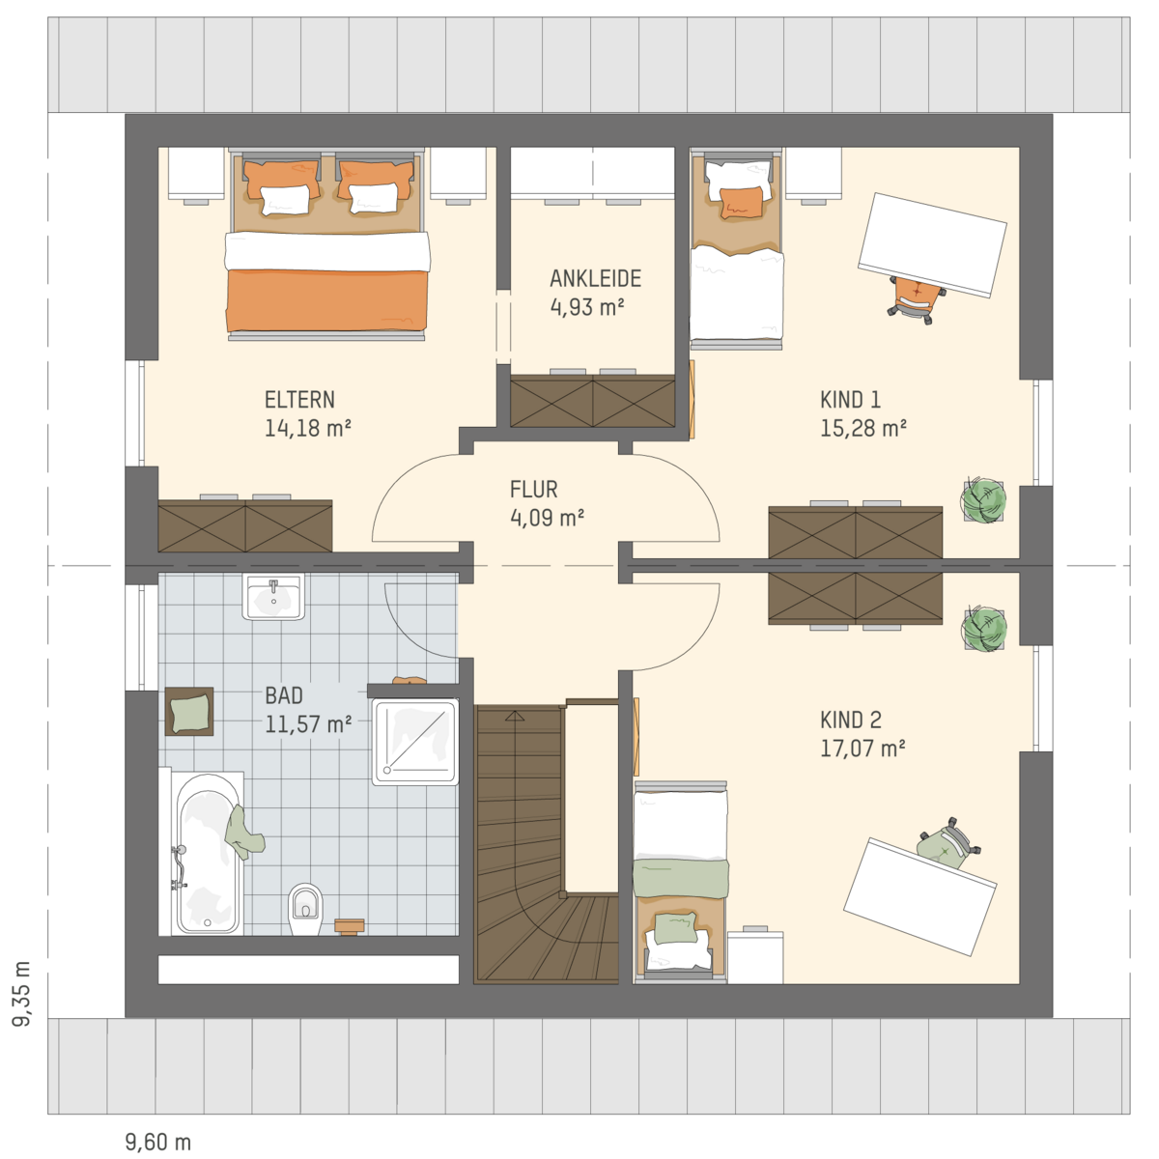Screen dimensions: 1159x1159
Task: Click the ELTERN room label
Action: point(299,400)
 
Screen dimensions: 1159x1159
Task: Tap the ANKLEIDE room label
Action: point(596,278)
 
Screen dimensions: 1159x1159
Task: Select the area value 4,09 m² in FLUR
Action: point(548,518)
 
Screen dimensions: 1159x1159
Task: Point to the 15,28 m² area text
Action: point(863,428)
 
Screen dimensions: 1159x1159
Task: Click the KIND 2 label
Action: point(851,720)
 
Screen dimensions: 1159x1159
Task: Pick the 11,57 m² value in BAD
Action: point(308,724)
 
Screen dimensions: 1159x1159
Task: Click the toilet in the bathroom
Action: point(305,909)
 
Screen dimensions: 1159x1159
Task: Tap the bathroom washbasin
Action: point(273,596)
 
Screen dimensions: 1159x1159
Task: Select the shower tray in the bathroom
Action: point(415,742)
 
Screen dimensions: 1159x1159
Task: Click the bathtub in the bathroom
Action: point(208,853)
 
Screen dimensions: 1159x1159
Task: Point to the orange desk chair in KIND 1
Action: point(916,298)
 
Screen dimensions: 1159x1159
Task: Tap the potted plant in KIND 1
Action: point(984,499)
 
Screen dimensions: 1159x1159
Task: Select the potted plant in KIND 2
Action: point(984,629)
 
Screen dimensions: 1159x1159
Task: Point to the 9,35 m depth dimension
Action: point(22,993)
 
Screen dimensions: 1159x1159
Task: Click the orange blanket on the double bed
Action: point(327,300)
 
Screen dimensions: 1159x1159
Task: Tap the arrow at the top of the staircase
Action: point(514,716)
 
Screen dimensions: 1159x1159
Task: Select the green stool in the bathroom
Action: point(189,712)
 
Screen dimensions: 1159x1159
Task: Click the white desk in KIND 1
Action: point(933,244)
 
